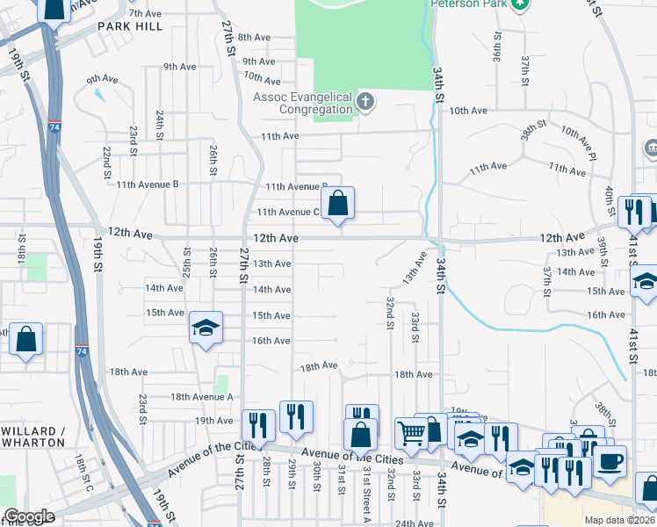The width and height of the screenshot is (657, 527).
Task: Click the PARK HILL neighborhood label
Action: pyautogui.click(x=130, y=27)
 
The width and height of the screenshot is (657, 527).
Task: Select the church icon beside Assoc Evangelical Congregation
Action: pyautogui.click(x=366, y=103)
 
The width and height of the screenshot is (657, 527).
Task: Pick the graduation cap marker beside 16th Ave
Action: pyautogui.click(x=206, y=328)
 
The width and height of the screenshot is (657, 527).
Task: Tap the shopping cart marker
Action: pyautogui.click(x=410, y=432)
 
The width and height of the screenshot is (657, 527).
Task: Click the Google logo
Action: pyautogui.click(x=29, y=516)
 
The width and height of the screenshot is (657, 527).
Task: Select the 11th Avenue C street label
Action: pyautogui.click(x=288, y=212)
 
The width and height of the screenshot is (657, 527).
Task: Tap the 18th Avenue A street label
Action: pyautogui.click(x=202, y=397)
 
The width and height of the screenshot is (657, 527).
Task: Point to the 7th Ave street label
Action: pyautogui.click(x=146, y=13)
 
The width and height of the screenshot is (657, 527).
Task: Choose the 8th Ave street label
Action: pyautogui.click(x=255, y=37)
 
